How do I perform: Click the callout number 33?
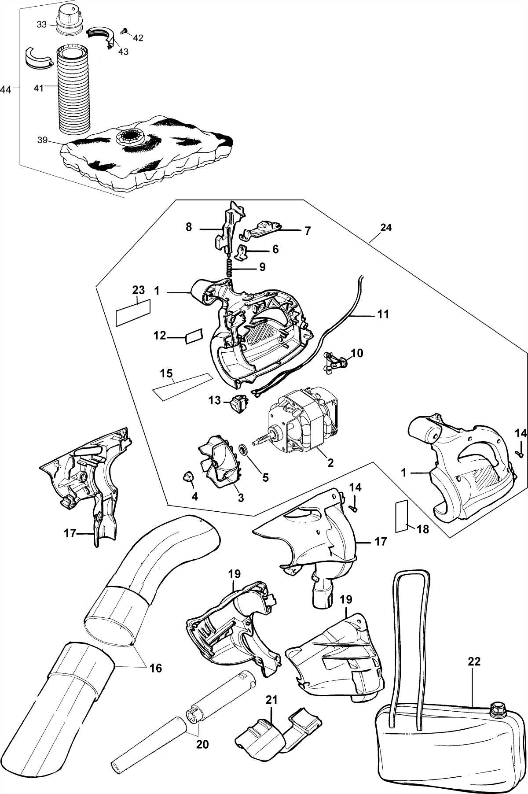tap(41, 25)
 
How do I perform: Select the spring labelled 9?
tap(229, 267)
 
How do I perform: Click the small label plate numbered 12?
tap(193, 336)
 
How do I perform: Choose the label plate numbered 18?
tap(401, 516)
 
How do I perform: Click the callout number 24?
tap(386, 228)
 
